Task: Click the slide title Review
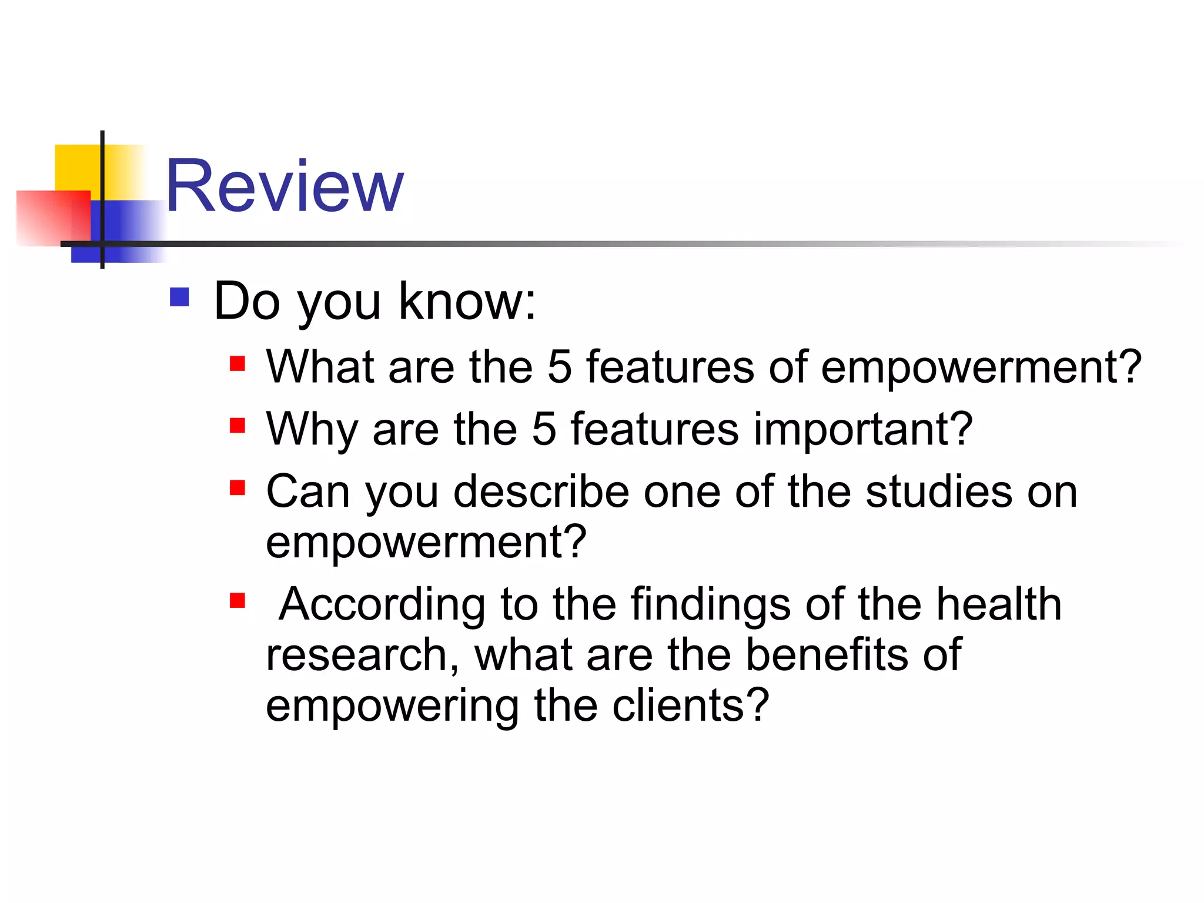coord(285,186)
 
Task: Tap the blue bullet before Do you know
coord(179,297)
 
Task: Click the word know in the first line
coord(467,301)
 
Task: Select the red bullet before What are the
coord(238,363)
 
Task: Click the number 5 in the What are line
coord(559,367)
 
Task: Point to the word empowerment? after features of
coord(981,368)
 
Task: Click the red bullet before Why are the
coord(238,425)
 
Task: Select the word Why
coord(312,430)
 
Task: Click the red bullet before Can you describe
coord(238,487)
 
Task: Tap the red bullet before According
coord(238,600)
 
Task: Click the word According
coord(382,606)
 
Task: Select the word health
coord(999,604)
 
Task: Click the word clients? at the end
coord(690,705)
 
